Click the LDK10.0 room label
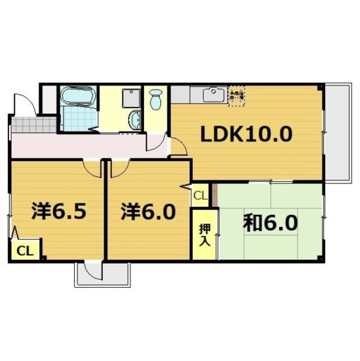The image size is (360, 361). (x=248, y=135)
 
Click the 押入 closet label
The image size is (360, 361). (x=204, y=234)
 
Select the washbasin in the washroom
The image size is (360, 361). (x=135, y=119)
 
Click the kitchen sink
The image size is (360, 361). (x=213, y=93)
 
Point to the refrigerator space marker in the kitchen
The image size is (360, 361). (x=236, y=95)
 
